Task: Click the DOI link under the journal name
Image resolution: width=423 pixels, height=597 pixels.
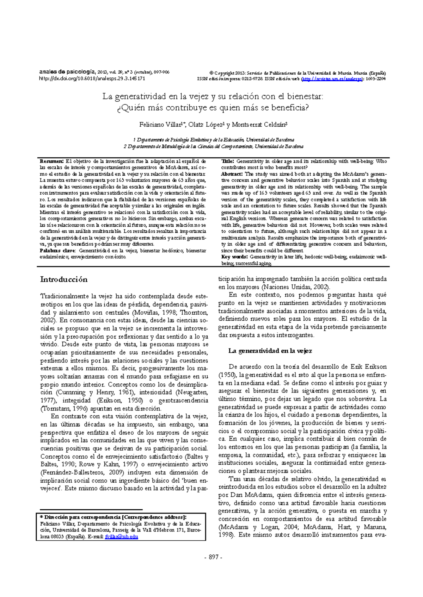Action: pyautogui.click(x=92, y=78)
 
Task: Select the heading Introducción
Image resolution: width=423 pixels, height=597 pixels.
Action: pyautogui.click(x=64, y=279)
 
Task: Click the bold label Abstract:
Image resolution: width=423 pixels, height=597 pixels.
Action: pyautogui.click(x=232, y=174)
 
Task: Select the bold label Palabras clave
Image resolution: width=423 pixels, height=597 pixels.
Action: pyautogui.click(x=57, y=251)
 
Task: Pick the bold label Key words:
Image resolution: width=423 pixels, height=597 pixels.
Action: pyautogui.click(x=234, y=257)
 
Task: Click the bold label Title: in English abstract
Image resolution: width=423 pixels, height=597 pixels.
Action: pyautogui.click(x=227, y=161)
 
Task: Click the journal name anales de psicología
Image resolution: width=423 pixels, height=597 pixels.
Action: pyautogui.click(x=67, y=72)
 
